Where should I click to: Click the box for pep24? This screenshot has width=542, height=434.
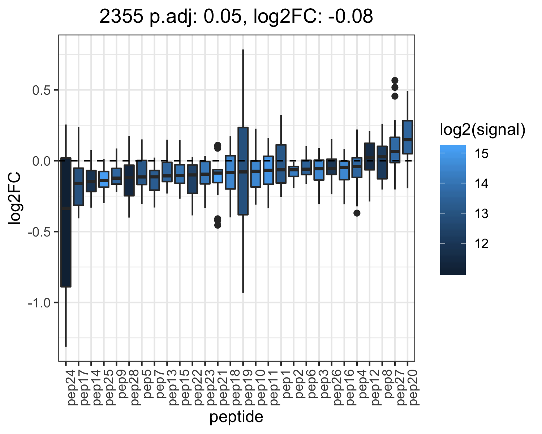[66, 222]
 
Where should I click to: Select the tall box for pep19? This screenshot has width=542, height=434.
[243, 171]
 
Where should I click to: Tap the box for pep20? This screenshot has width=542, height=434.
[408, 137]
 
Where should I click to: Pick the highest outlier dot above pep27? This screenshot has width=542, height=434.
[395, 81]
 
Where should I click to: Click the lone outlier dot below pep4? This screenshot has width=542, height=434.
[357, 213]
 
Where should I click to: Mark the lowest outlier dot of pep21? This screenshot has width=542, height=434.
[218, 225]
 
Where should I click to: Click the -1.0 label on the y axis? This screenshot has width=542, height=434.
[39, 303]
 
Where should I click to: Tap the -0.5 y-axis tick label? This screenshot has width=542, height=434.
[39, 232]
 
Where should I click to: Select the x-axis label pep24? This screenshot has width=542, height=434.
[72, 388]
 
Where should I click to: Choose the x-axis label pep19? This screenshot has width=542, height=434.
[249, 388]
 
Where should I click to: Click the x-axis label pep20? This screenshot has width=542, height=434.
[413, 388]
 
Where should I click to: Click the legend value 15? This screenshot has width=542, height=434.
[481, 153]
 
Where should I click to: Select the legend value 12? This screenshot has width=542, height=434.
[481, 244]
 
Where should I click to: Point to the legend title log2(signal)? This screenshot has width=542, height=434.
[483, 130]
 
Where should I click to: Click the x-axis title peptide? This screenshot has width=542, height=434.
[237, 417]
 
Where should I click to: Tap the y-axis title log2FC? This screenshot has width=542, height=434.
[14, 198]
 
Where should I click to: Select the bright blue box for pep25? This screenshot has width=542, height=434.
[104, 179]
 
